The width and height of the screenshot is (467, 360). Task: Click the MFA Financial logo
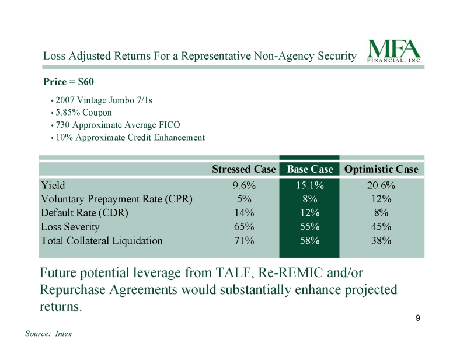pos(394,50)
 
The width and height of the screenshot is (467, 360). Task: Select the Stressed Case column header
pos(243,169)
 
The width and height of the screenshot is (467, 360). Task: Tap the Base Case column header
pos(309,169)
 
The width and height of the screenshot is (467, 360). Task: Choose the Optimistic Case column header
pos(381,169)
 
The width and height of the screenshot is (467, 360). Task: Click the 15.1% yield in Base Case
pos(309,186)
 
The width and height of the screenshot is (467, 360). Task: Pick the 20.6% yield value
pos(381,186)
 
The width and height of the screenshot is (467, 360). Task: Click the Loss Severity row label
pos(70,226)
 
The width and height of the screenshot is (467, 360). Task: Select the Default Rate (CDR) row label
pos(84,213)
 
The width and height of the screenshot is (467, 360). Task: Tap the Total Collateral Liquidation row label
pos(102,240)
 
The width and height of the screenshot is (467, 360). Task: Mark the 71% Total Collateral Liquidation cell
pos(244,240)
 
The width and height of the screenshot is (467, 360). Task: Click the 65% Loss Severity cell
pos(244,226)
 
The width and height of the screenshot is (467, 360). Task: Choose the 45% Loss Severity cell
pos(381,226)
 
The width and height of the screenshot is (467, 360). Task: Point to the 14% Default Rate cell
pos(244,213)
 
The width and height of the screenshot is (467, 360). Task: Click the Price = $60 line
pos(68,82)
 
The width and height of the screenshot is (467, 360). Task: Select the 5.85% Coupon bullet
pos(83,112)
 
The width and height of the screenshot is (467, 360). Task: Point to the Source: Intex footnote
pos(48,334)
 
